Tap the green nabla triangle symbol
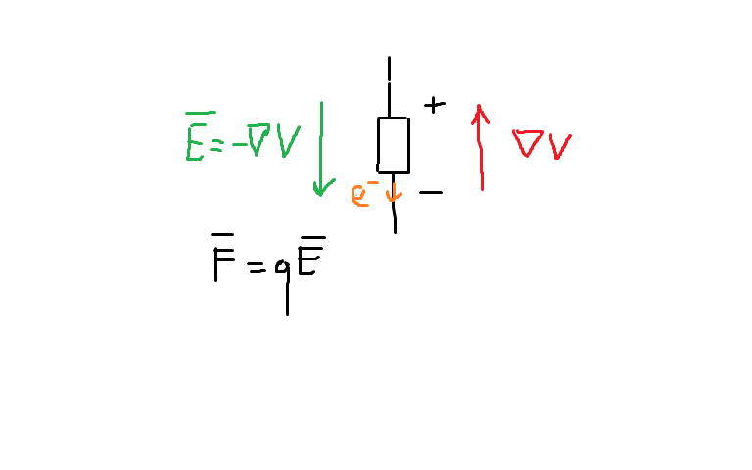click(x=258, y=140)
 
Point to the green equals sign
click(x=217, y=143)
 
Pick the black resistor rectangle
click(x=394, y=145)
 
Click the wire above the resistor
click(x=390, y=88)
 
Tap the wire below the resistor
click(x=395, y=211)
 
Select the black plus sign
click(x=434, y=104)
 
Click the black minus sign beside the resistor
click(x=430, y=192)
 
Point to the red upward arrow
click(x=480, y=147)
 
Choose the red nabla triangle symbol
click(x=529, y=145)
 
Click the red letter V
click(x=559, y=146)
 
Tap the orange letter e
click(x=359, y=195)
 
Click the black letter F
click(x=224, y=262)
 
